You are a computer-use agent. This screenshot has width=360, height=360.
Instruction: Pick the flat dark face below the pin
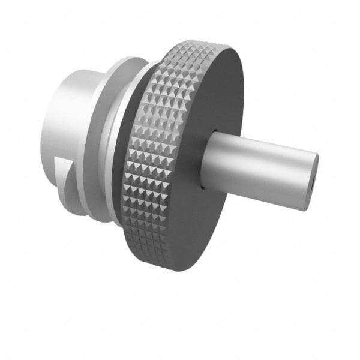pyautogui.click(x=204, y=222)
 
